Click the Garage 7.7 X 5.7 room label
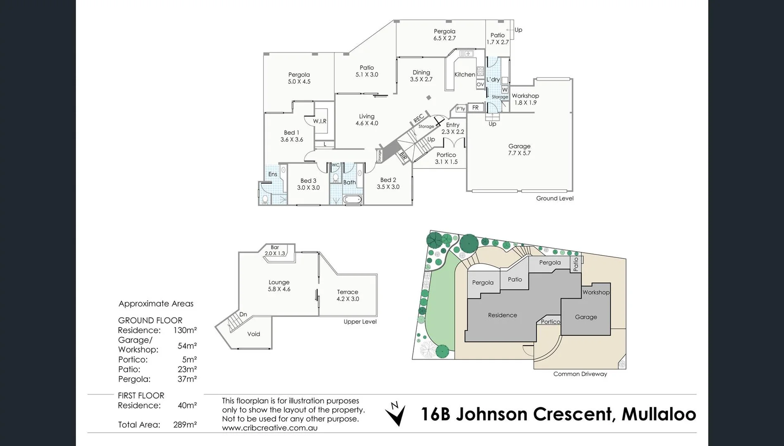519,149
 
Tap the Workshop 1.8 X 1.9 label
525,99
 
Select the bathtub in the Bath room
353,200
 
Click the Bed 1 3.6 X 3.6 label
291,136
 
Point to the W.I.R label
320,121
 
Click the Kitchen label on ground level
464,74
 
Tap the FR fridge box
475,108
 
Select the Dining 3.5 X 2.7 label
421,76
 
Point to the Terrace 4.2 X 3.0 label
348,295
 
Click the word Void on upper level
253,334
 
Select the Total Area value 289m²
185,425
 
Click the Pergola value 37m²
187,379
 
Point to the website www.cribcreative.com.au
270,428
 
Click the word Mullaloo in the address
658,414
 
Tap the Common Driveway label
580,374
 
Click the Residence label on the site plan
502,315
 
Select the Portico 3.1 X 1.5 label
446,158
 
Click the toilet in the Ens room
265,200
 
